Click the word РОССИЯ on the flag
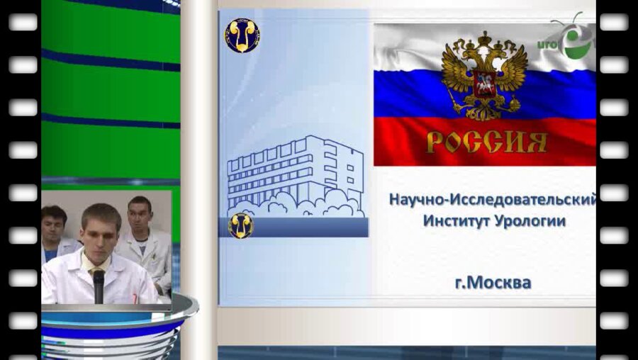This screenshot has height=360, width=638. [x=486, y=142]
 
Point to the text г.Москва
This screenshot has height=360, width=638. [x=493, y=283]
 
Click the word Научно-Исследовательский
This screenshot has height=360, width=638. [x=492, y=200]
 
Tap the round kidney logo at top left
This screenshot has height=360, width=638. [x=242, y=35]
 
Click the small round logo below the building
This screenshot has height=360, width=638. [x=240, y=225]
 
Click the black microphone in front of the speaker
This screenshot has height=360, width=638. [x=99, y=283]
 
